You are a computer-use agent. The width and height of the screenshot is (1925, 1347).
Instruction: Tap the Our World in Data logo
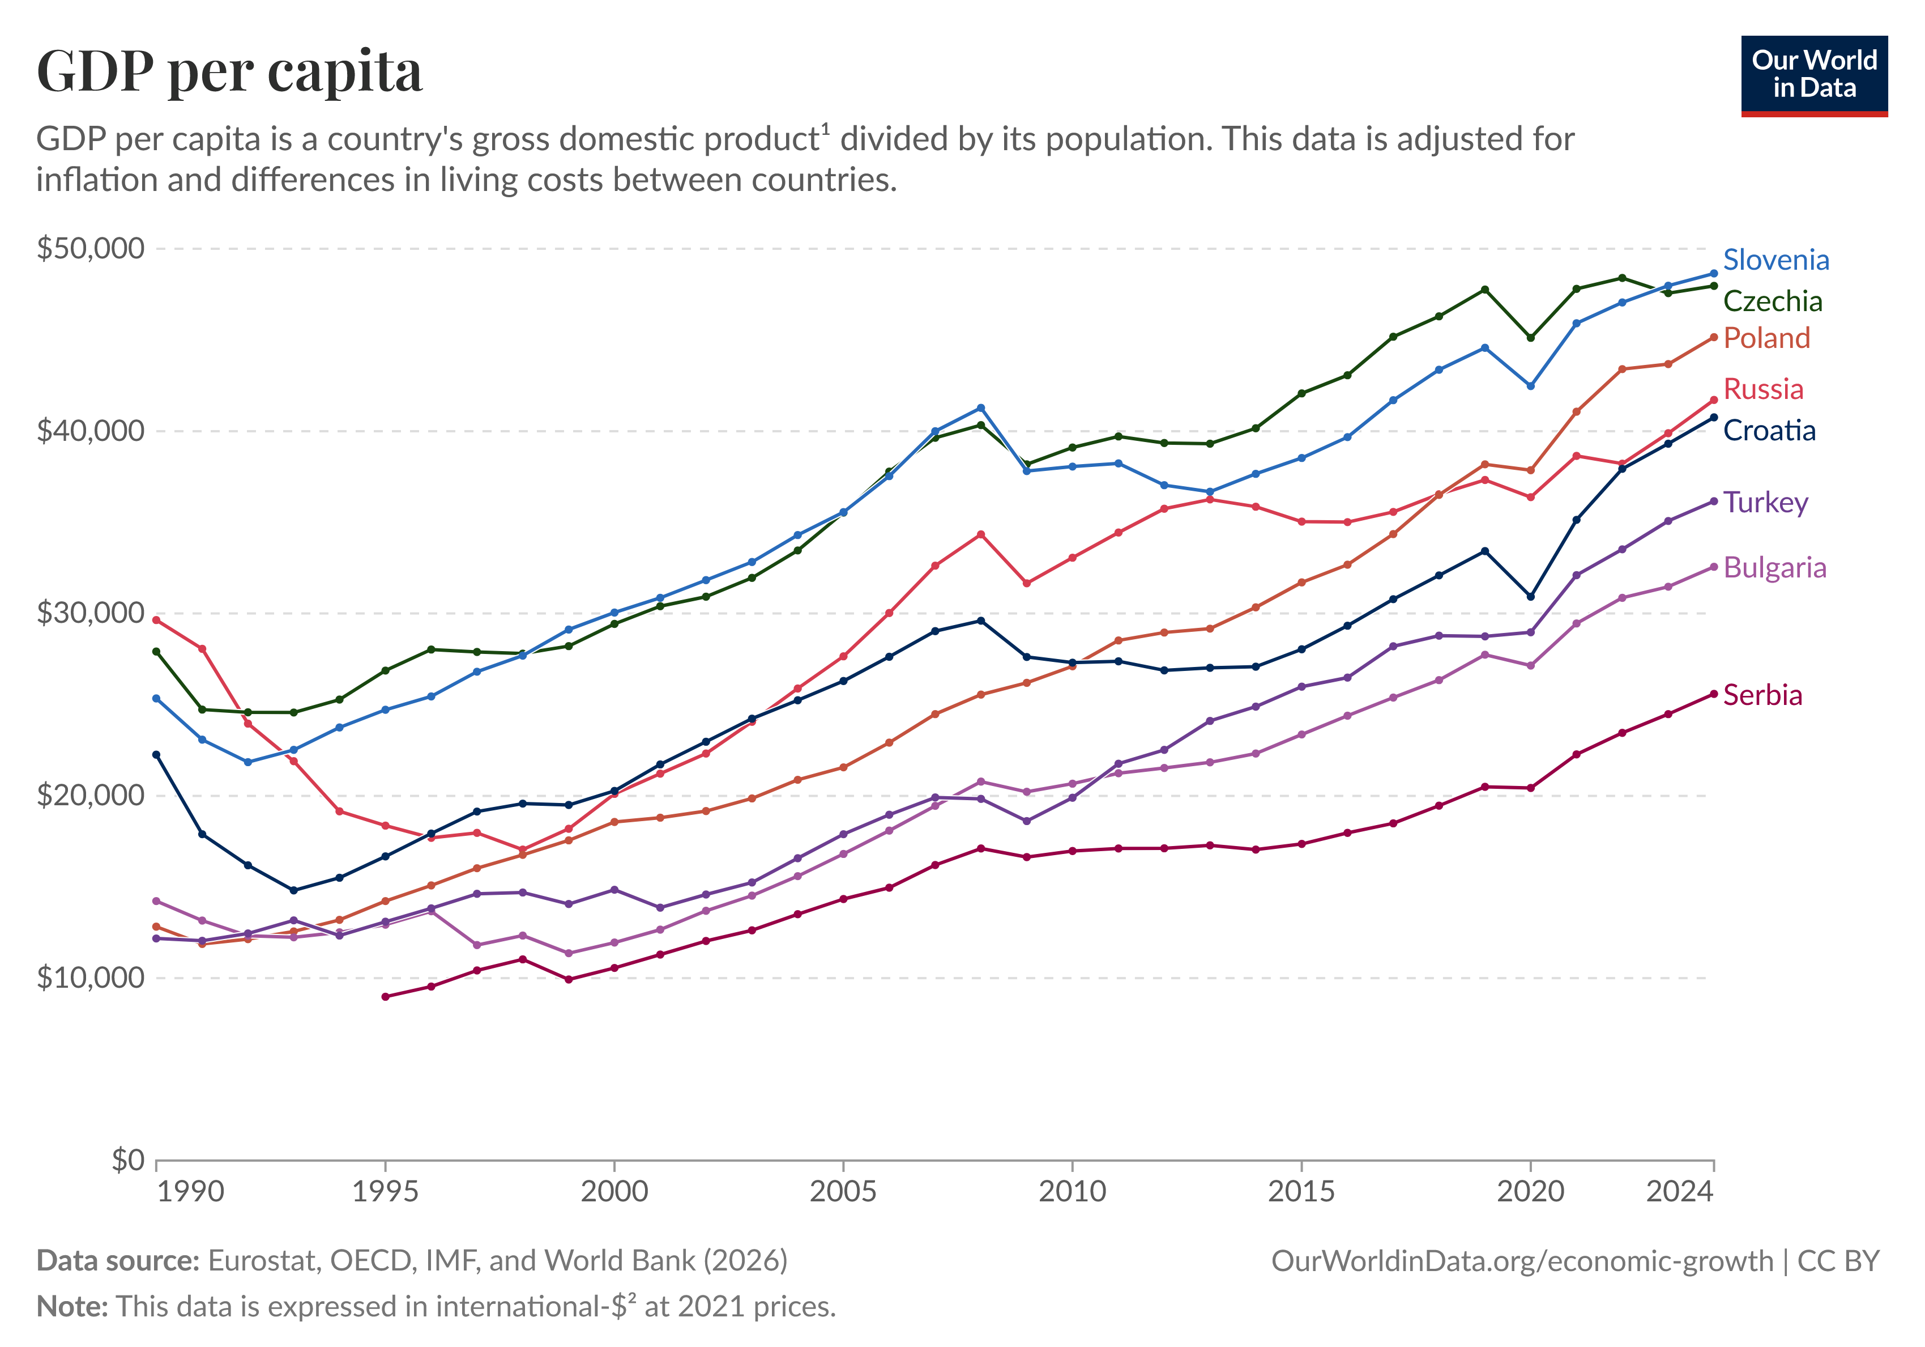click(x=1813, y=75)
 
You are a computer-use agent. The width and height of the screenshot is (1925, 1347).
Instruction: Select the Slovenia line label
click(x=1775, y=260)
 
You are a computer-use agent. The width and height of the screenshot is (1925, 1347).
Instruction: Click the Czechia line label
click(x=1772, y=301)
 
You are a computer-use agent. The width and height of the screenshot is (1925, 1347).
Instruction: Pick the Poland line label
click(x=1766, y=338)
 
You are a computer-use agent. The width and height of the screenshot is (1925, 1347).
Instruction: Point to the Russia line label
click(x=1762, y=389)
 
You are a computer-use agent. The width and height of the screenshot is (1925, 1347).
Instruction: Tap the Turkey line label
click(x=1765, y=503)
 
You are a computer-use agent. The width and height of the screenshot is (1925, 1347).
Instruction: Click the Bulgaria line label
click(x=1774, y=568)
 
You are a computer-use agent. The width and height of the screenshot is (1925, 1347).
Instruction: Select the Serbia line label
click(x=1761, y=695)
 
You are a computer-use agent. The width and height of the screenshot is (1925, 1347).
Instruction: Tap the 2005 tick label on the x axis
click(x=843, y=1191)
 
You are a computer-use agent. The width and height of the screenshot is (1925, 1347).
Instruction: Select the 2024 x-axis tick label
click(x=1679, y=1191)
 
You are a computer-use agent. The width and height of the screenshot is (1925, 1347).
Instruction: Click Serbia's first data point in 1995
click(x=386, y=996)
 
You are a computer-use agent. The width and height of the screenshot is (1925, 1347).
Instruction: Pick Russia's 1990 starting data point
click(x=156, y=620)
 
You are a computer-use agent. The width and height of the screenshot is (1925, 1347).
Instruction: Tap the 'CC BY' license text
click(x=1838, y=1261)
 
